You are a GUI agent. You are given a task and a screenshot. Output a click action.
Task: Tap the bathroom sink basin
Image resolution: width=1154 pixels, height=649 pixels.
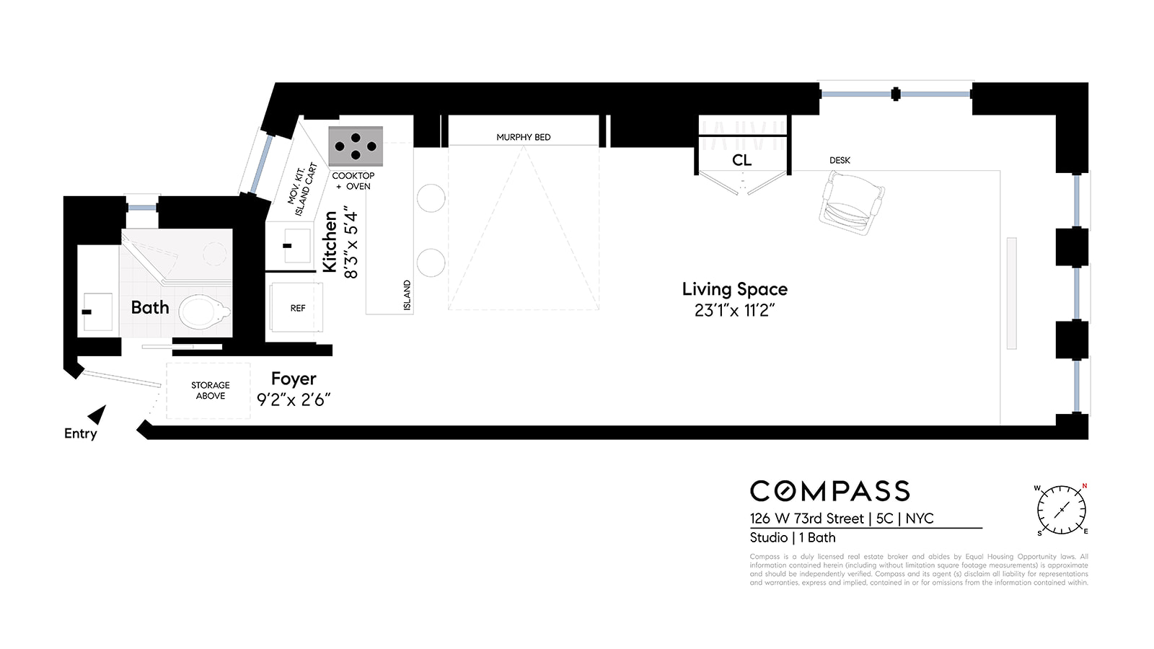97,312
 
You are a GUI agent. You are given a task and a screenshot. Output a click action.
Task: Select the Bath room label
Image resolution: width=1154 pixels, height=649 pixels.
150,308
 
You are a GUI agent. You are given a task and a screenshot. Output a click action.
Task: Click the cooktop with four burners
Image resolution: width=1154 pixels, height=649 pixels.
356,146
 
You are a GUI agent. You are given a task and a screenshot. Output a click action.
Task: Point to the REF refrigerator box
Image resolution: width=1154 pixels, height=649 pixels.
297,308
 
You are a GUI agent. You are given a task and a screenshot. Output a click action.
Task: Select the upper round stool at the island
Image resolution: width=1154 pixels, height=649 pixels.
431,198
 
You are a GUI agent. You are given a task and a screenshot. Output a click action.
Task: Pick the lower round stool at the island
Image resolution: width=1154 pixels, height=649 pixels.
431,262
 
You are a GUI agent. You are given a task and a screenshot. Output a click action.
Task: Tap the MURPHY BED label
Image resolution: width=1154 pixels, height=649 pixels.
523,137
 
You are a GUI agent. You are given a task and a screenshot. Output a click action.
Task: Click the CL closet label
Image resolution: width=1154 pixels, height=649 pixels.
741,160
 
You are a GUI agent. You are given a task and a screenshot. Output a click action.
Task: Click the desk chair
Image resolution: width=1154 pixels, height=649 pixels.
852,205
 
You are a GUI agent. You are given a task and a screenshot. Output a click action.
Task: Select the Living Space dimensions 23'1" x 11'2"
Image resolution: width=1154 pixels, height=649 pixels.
734,311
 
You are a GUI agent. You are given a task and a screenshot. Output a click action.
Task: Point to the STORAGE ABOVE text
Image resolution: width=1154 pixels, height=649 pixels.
211,390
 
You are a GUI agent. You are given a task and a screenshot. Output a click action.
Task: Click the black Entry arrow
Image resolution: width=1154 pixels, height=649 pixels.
97,415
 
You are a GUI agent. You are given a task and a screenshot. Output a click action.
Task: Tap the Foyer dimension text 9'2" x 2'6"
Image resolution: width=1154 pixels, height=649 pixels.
294,400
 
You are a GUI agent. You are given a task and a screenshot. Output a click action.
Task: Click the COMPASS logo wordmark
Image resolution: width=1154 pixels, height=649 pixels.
829,491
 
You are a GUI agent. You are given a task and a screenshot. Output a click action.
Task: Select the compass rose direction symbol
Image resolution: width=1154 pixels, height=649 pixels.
1061,510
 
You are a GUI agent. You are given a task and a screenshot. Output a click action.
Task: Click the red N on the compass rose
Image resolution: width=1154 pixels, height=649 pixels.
1084,486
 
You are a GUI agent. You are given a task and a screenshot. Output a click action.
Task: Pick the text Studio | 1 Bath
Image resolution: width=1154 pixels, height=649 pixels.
792,538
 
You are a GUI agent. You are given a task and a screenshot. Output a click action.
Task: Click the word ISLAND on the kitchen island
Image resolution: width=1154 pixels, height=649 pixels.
407,296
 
